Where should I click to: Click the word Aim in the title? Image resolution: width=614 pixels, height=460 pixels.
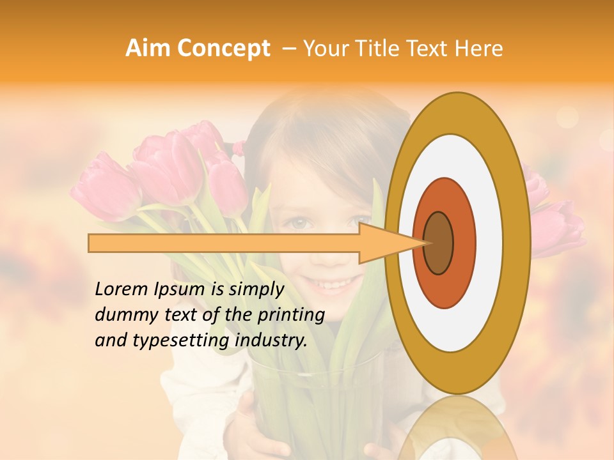(x=148, y=49)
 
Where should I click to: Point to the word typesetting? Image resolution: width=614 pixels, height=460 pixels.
(x=168, y=341)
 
